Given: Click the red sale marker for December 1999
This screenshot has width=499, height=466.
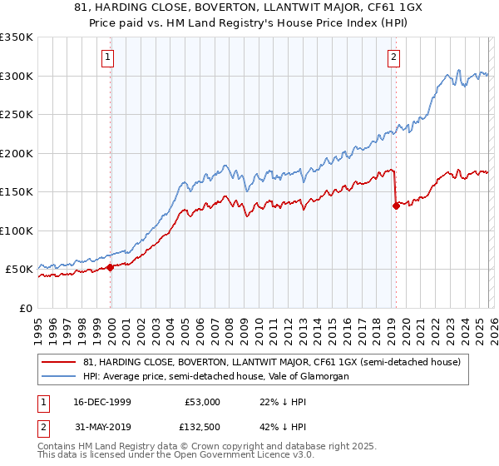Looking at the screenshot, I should [111, 267].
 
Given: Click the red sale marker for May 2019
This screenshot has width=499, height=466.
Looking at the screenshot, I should [396, 206].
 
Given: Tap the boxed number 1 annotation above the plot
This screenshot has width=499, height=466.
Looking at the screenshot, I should [108, 57].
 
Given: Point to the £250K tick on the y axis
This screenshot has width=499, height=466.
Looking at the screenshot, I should [17, 115].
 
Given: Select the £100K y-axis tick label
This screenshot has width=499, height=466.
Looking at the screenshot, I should [17, 231].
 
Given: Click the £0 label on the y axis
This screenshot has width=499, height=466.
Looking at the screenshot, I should [25, 308].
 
